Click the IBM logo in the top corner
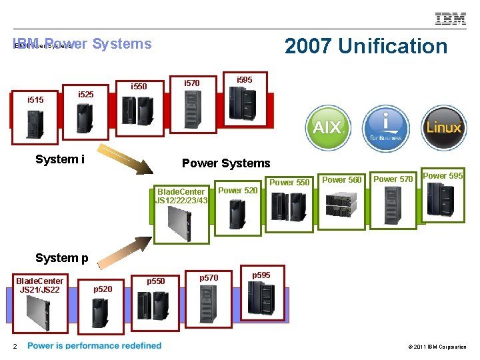(451, 19)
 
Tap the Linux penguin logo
(444, 127)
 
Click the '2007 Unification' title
(365, 46)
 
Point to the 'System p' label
(62, 258)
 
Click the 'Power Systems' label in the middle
(226, 163)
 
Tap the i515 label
(35, 100)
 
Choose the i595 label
(245, 80)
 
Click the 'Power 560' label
(342, 179)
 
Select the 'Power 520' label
(238, 191)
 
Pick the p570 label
(209, 277)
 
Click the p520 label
(103, 289)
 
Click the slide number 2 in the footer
(14, 346)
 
